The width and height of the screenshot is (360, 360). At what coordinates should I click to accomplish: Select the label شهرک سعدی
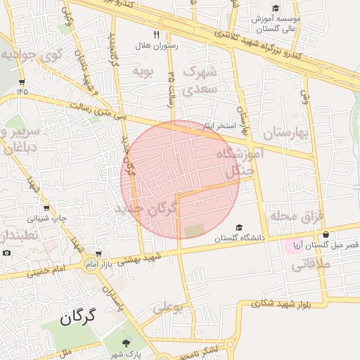tap(201, 81)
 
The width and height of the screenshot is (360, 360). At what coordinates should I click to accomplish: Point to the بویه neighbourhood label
tap(143, 71)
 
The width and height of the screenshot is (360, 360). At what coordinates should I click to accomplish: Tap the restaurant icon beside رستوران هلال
tap(156, 34)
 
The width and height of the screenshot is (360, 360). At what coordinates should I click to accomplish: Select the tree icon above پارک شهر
tap(126, 342)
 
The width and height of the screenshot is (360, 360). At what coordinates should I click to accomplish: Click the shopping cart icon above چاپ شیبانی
tap(46, 208)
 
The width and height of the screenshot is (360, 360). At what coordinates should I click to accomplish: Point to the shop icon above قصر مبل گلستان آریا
tap(325, 235)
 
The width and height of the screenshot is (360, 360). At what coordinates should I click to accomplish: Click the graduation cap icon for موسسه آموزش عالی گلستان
tap(276, 8)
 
